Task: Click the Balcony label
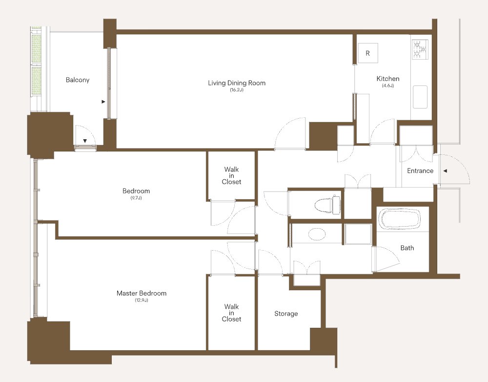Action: pyautogui.click(x=78, y=80)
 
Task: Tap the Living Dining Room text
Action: pyautogui.click(x=237, y=83)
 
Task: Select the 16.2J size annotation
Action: pyautogui.click(x=237, y=90)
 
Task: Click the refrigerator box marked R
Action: pyautogui.click(x=367, y=53)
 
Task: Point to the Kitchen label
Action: pyautogui.click(x=388, y=79)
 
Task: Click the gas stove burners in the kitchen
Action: pyautogui.click(x=420, y=49)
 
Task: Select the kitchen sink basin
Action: pyautogui.click(x=420, y=97)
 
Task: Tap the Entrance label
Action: pyautogui.click(x=420, y=171)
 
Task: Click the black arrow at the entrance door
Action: pyautogui.click(x=446, y=171)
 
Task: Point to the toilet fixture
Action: pyautogui.click(x=327, y=205)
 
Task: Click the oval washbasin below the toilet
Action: pyautogui.click(x=317, y=234)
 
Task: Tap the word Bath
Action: pyautogui.click(x=407, y=248)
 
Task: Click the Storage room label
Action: pyautogui.click(x=286, y=314)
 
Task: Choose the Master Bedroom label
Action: pyautogui.click(x=142, y=293)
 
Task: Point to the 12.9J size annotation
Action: pyautogui.click(x=142, y=300)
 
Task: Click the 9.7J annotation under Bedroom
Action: pyautogui.click(x=136, y=198)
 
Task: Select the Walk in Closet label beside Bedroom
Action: pyautogui.click(x=231, y=176)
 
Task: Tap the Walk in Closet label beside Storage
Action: pyautogui.click(x=231, y=313)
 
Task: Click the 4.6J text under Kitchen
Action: pyautogui.click(x=388, y=85)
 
